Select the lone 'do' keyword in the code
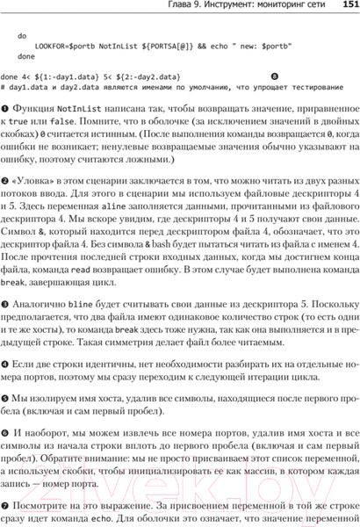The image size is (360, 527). [x=23, y=36]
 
